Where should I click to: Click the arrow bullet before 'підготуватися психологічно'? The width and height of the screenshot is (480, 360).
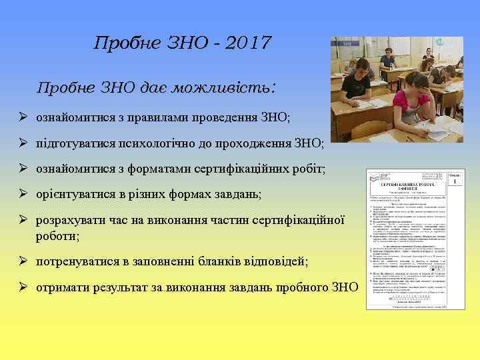[23, 143]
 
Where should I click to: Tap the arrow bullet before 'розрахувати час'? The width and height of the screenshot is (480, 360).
[23, 220]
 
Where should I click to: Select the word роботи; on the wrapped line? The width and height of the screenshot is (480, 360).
[58, 236]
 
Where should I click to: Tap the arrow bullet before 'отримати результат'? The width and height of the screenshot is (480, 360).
[23, 287]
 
